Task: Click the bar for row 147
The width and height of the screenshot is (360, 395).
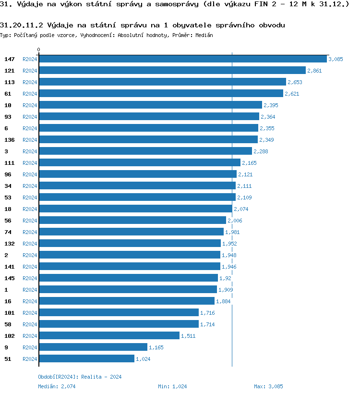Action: (x=182, y=59)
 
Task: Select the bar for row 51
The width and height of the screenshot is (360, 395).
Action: (x=86, y=358)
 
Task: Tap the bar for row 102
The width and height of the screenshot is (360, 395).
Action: (x=109, y=335)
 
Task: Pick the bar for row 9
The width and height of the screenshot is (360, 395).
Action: (x=93, y=347)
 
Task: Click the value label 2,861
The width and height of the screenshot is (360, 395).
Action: (x=314, y=71)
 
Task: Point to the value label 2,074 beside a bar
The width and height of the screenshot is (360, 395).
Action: (x=241, y=209)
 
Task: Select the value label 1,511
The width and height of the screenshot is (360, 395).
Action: (x=188, y=336)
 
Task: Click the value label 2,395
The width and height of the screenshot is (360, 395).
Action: (x=271, y=105)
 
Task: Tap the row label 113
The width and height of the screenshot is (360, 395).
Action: (x=10, y=82)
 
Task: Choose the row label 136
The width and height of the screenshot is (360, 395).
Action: (x=10, y=139)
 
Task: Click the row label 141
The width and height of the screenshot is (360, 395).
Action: (x=10, y=266)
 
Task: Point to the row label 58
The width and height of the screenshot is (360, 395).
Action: (x=8, y=324)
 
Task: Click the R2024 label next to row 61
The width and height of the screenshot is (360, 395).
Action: (x=30, y=94)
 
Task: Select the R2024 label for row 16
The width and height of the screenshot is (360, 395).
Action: (x=30, y=301)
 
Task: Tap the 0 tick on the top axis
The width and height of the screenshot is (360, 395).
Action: (x=39, y=49)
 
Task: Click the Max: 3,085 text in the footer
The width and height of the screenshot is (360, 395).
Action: (x=268, y=386)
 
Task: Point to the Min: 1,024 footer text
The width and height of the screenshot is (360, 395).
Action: (x=172, y=386)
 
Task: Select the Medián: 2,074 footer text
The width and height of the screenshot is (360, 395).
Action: (x=57, y=386)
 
